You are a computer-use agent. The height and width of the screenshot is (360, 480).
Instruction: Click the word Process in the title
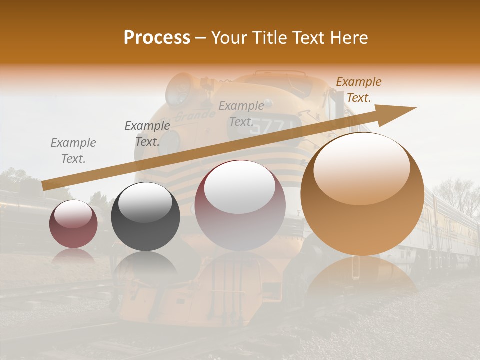157,38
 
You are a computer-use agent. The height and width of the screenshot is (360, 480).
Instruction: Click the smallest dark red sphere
73,224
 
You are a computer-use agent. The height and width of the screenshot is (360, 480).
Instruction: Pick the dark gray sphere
145,216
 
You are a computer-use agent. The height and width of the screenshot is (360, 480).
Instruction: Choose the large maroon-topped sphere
240,205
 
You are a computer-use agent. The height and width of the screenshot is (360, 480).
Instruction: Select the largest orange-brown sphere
362,194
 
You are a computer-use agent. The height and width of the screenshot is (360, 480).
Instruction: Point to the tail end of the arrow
44,186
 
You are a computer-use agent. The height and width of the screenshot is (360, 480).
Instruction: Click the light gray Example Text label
73,151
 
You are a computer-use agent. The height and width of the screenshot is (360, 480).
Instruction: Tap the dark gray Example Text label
147,134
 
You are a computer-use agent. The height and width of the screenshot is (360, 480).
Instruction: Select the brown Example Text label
358,90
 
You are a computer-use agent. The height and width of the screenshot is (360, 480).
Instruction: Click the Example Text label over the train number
241,113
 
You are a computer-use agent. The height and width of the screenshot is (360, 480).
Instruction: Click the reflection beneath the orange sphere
362,275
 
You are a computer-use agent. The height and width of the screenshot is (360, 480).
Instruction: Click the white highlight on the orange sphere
362,169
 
